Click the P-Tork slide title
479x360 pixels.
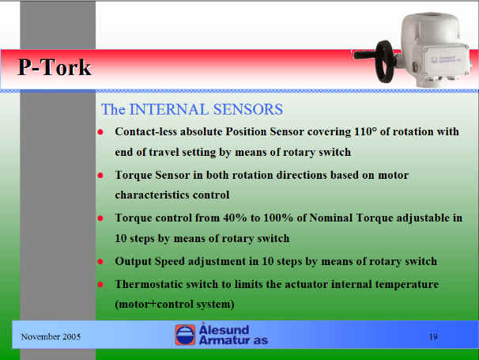point(55,67)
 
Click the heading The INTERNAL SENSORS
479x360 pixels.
point(192,109)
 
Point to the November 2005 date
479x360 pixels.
point(51,337)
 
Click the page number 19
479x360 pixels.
point(433,337)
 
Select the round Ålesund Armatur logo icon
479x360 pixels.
point(185,335)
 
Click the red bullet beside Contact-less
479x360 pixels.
point(100,132)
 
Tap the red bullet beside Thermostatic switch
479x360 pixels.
point(100,285)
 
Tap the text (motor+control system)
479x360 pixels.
point(175,304)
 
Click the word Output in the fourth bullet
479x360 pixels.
point(133,262)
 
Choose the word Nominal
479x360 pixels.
point(331,218)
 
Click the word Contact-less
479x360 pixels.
point(145,131)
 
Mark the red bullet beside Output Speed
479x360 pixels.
point(100,262)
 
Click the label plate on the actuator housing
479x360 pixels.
point(447,59)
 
